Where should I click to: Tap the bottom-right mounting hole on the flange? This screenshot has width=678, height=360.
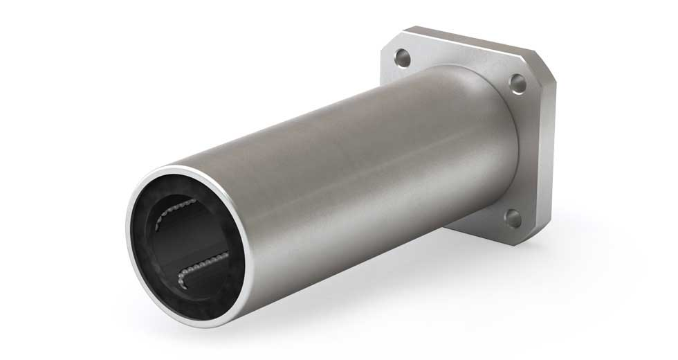coord(513,218)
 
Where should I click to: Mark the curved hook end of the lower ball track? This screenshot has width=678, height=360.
coord(181,279)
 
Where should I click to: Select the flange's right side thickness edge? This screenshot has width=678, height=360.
coord(550,152)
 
